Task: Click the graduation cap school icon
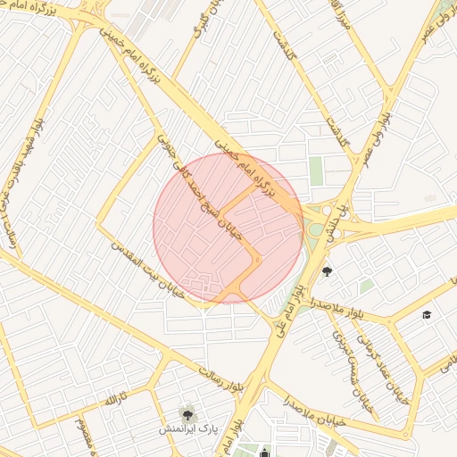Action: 427,315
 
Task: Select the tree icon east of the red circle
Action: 328,271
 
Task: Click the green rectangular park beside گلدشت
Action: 316,170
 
